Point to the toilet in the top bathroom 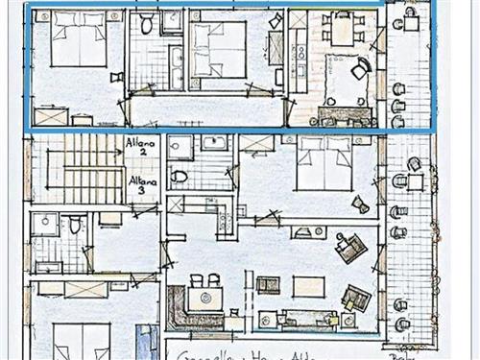[x=146, y=24]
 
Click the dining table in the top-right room [x=342, y=30]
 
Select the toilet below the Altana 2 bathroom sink [x=180, y=177]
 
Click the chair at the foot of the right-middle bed [x=361, y=204]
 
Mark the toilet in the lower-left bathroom [x=75, y=227]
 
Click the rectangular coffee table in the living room [x=308, y=286]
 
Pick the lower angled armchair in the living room [x=356, y=297]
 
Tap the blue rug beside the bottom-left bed [x=144, y=341]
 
